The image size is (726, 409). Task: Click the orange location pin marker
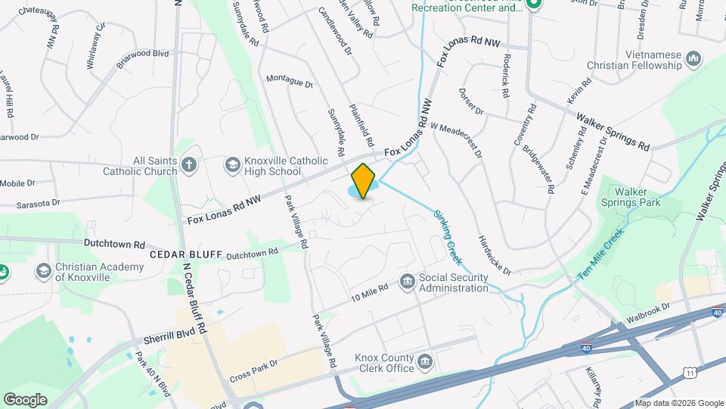click(363, 180)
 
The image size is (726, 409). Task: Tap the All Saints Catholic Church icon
click(189, 164)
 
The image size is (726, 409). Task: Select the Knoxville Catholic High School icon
click(233, 164)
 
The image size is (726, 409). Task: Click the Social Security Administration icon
click(407, 282)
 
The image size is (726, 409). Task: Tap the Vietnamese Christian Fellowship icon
click(693, 58)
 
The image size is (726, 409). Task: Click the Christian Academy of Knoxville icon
click(43, 271)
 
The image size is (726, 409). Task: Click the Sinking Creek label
click(448, 236)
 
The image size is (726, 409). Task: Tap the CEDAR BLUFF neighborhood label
click(185, 254)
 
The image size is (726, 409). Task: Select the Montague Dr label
click(289, 81)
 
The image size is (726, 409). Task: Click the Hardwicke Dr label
click(495, 254)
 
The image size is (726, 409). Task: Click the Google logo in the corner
click(25, 399)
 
